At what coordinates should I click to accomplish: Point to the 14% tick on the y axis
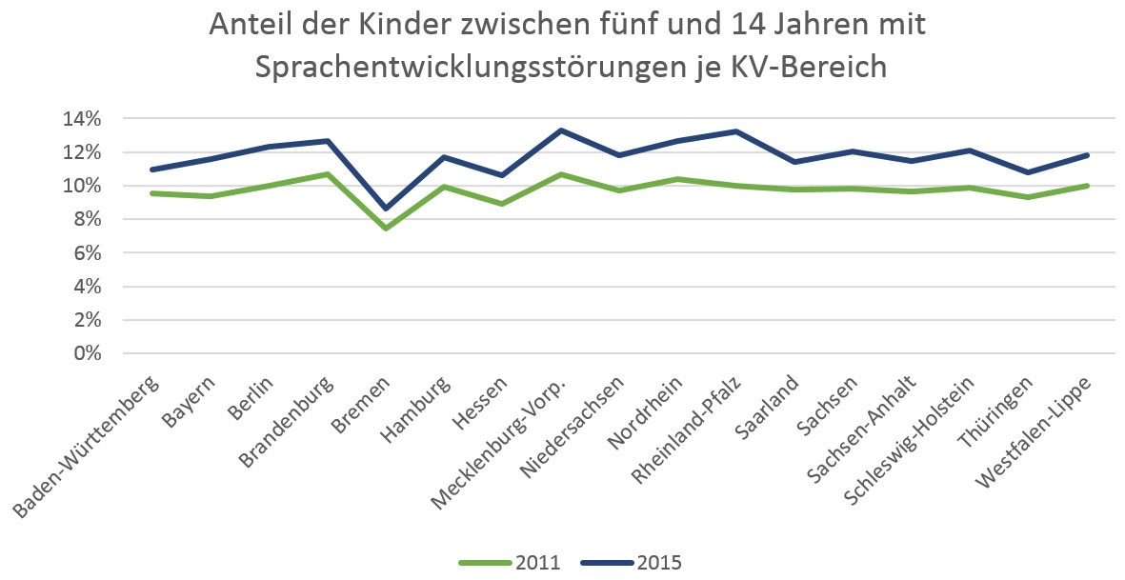82,119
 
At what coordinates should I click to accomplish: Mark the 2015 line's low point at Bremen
386,208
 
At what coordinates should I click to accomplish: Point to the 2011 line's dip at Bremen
386,229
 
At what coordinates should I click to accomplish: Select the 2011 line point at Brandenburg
327,174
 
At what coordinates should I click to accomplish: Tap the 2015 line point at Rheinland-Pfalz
736,131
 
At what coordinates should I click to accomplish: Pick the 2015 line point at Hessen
502,175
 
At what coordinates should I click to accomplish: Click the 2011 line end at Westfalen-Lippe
1087,186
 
